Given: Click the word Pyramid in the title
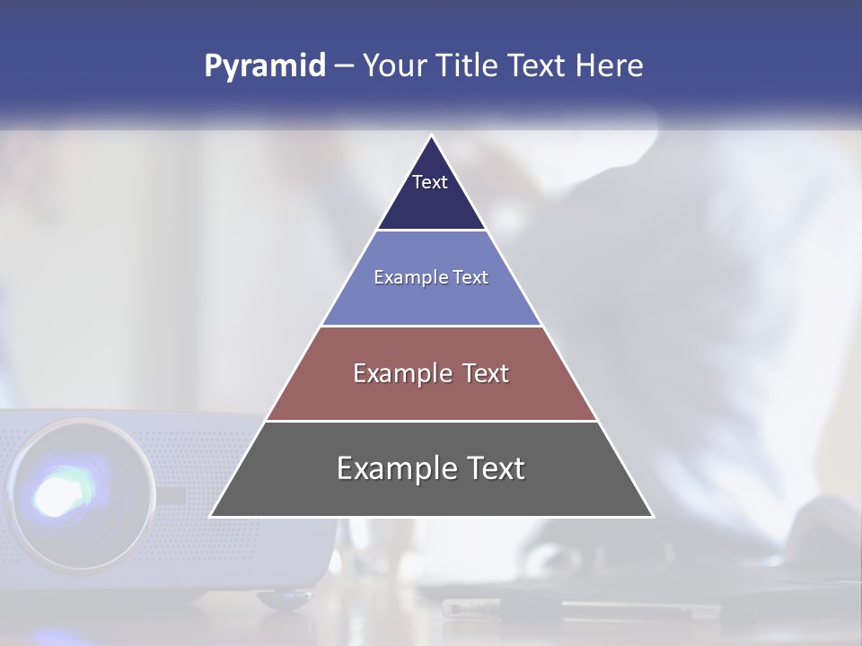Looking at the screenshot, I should [265, 66].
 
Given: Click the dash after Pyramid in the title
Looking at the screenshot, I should [344, 66].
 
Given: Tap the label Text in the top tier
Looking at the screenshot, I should [430, 182].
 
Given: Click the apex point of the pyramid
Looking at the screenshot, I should [432, 136].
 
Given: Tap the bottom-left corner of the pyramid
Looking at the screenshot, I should [211, 516].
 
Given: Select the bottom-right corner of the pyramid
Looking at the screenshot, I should [653, 516].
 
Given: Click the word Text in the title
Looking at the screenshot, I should [538, 66].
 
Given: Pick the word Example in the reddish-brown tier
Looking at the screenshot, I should [397, 373].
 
